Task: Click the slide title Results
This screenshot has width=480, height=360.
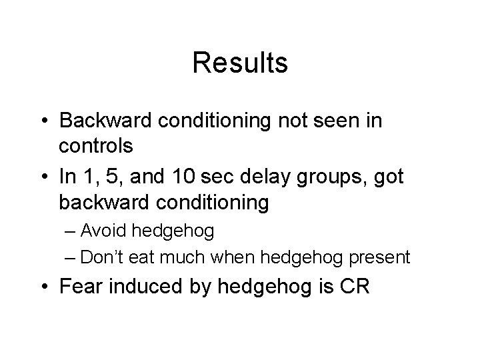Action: (x=240, y=63)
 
